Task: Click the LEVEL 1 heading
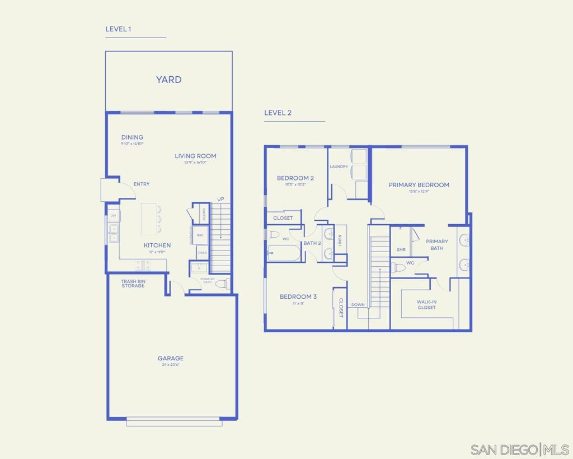[118, 29]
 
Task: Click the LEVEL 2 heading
[278, 113]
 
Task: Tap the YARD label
[168, 80]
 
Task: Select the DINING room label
[132, 137]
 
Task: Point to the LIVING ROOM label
[195, 156]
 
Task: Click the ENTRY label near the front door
[141, 184]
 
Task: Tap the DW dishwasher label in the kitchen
[113, 216]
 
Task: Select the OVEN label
[202, 253]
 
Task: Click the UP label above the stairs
[220, 199]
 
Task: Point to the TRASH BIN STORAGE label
[133, 284]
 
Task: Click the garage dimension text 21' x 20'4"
[170, 365]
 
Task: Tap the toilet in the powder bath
[222, 284]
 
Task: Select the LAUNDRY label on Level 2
[339, 166]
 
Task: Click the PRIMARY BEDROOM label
[419, 185]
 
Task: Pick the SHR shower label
[401, 250]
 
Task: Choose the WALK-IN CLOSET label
[426, 304]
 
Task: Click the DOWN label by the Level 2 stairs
[358, 305]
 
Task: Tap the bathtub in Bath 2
[284, 253]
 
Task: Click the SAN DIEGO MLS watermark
[519, 449]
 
